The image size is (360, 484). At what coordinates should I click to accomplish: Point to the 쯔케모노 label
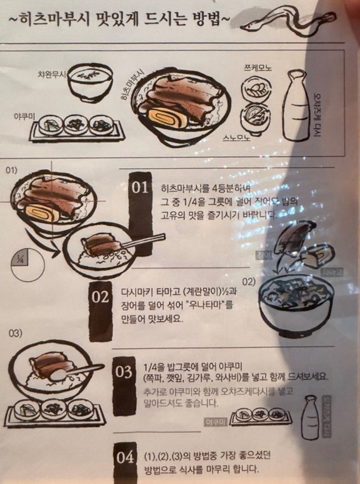(257, 67)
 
